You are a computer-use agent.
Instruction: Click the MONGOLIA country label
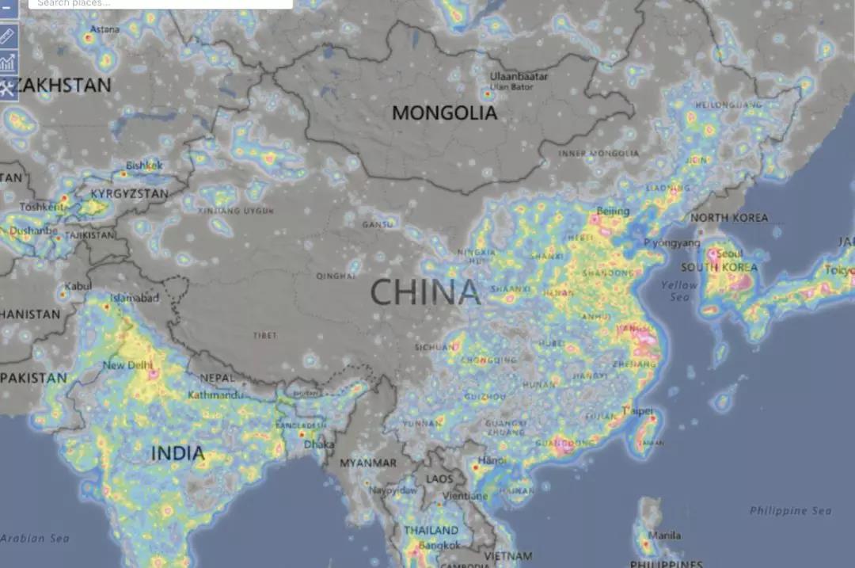pos(445,113)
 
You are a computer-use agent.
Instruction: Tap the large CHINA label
pos(425,292)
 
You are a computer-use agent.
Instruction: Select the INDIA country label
pos(177,454)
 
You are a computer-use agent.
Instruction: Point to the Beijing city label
pos(613,212)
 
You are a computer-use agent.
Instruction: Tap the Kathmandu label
pos(215,395)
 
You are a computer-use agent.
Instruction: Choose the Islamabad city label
pos(135,298)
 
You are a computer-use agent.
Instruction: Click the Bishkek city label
pos(144,166)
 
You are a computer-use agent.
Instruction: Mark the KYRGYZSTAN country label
pos(129,193)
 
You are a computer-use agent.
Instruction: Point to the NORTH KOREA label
pos(729,218)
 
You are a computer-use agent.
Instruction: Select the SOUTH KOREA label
pos(719,268)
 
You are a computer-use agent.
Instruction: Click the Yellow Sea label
pos(679,291)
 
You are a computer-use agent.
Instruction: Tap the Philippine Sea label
pos(789,511)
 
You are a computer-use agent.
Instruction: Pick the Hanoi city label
pos(491,460)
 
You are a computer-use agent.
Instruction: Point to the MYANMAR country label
pos(368,463)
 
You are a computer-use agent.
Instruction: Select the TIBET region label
pos(265,336)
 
